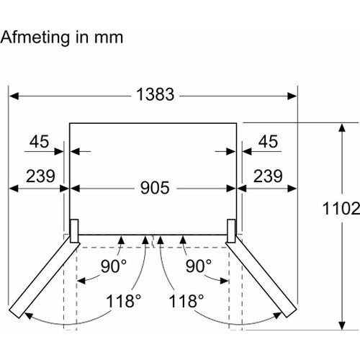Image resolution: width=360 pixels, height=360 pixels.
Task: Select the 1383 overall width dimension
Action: pos(156,94)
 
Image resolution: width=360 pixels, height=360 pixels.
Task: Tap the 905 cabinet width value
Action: pos(155,187)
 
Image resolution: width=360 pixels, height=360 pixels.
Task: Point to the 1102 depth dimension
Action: pos(341,208)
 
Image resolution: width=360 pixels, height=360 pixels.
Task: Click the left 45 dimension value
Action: pos(39,141)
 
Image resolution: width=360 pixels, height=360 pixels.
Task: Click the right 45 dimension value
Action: pos(268,141)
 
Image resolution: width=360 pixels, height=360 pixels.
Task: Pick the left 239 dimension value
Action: pos(40,176)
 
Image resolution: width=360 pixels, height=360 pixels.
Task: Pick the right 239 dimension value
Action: pos(268,176)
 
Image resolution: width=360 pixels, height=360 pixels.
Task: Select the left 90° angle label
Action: pos(114,266)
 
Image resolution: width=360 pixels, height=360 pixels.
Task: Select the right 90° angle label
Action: pos(199,266)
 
